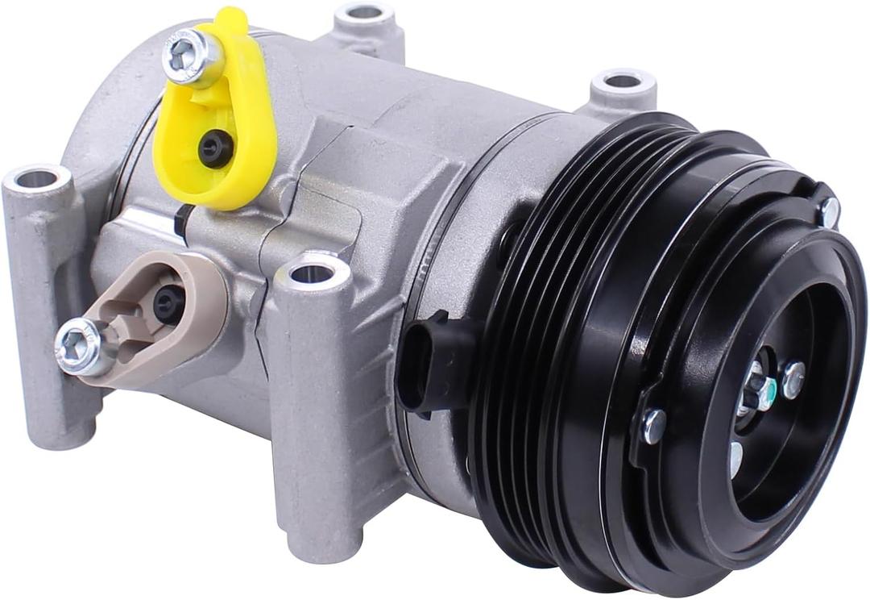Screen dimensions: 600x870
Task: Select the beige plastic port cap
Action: pos(145,323)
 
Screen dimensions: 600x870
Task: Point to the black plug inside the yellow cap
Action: pos(216,149)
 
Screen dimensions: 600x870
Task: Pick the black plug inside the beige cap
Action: pos(168,302)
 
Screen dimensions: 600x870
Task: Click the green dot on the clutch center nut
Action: pos(771,394)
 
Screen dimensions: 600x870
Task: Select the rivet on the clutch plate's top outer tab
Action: pos(828,211)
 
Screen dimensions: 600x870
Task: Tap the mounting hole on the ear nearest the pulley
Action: pos(622,81)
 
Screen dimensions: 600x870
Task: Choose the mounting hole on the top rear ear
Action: pos(364,12)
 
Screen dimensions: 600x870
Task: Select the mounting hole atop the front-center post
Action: pos(312,273)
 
